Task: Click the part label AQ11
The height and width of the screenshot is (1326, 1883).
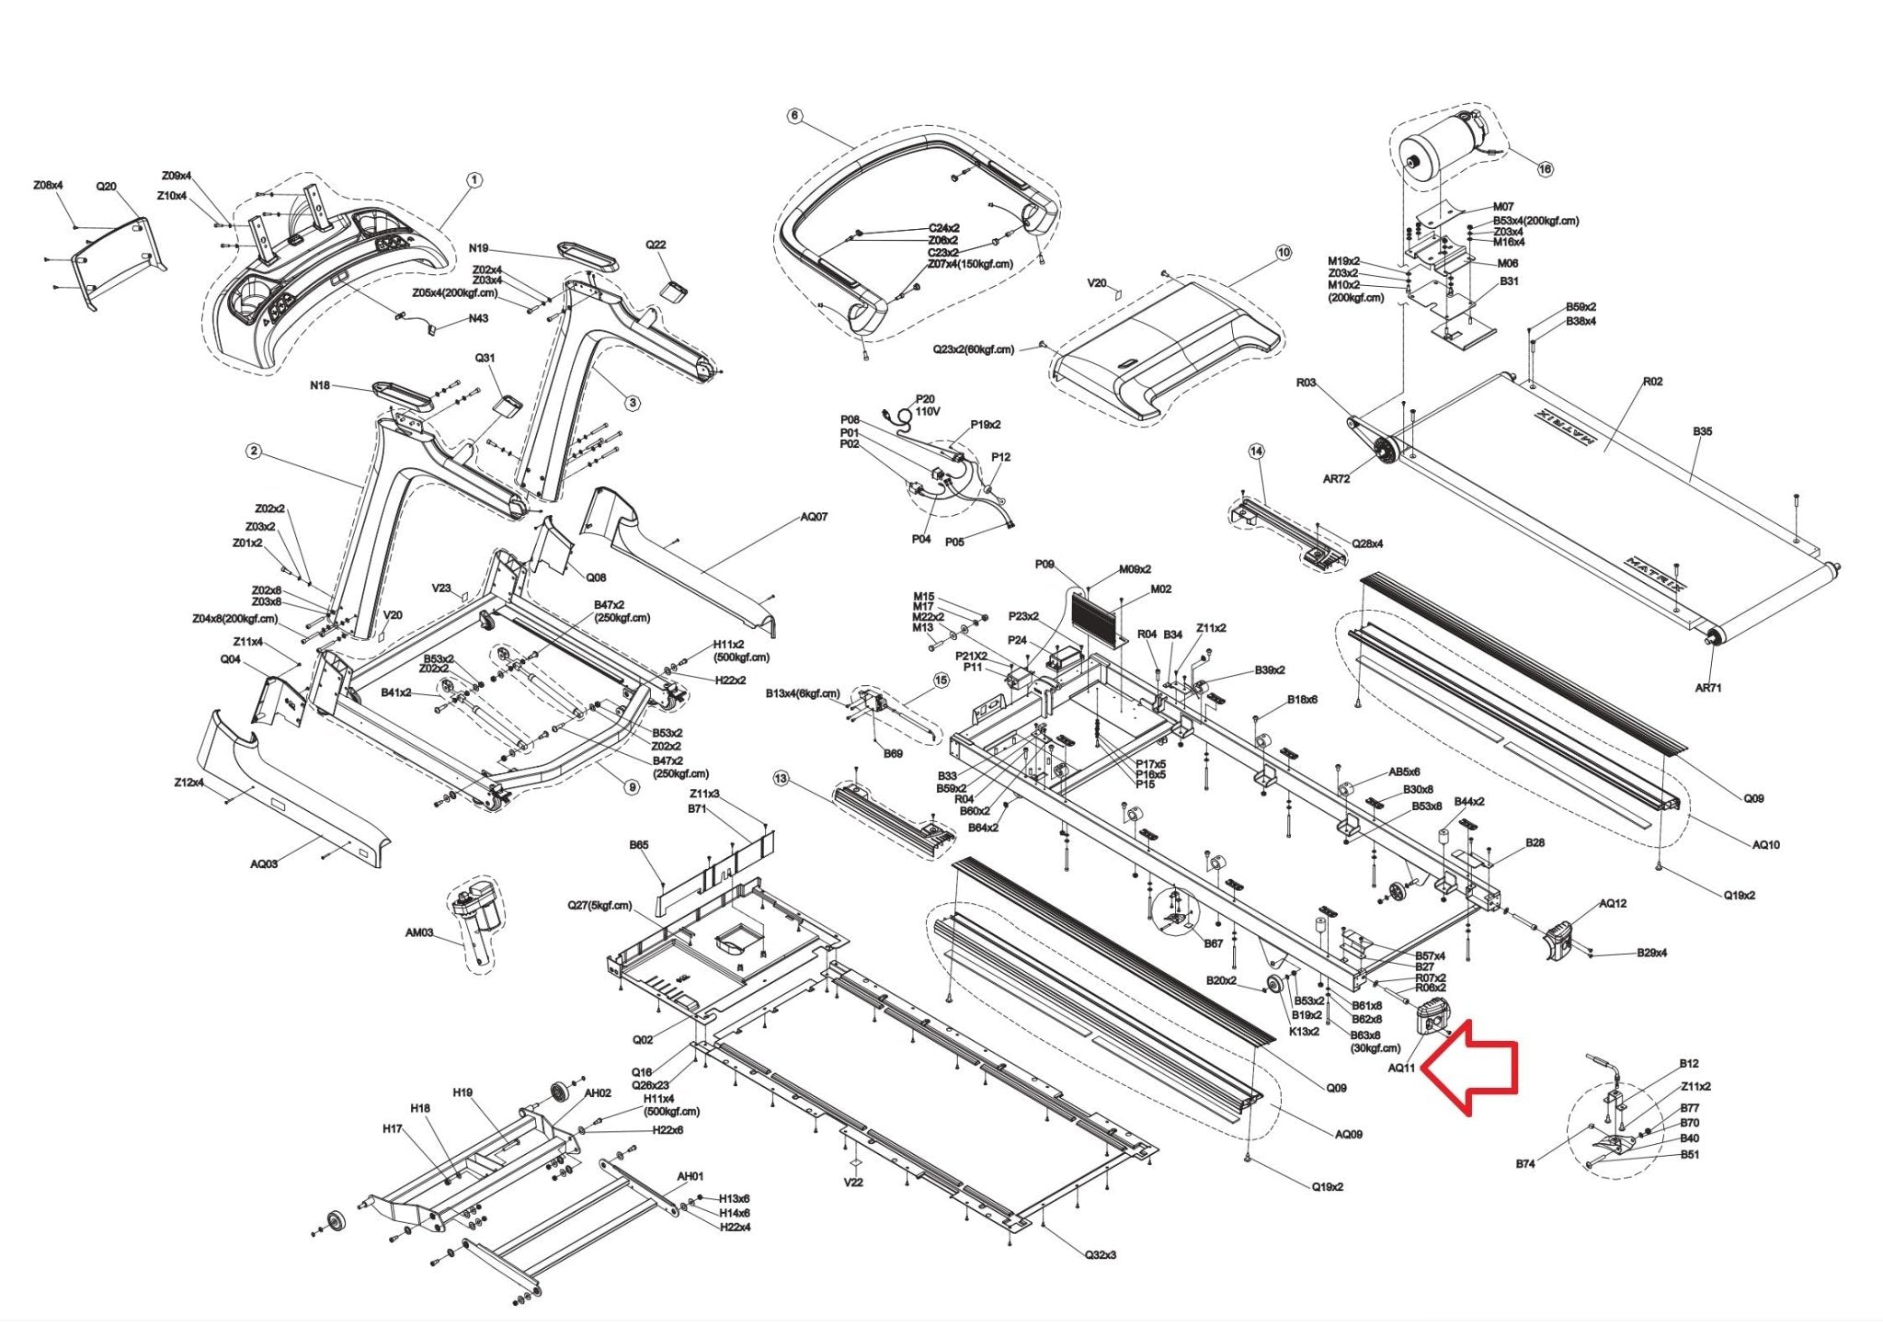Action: tap(1401, 1068)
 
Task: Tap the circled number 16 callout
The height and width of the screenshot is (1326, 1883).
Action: tap(1545, 168)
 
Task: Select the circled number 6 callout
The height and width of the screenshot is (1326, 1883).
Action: tap(795, 117)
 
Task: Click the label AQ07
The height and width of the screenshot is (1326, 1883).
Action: tap(814, 517)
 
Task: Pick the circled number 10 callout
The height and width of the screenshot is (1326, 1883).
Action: tap(1283, 252)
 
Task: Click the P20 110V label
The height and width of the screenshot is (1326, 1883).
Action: tap(926, 406)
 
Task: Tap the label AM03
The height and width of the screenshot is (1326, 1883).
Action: tap(419, 932)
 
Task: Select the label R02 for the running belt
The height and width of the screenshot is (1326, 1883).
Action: tap(1652, 382)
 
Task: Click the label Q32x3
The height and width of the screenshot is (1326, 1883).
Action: tap(1100, 1254)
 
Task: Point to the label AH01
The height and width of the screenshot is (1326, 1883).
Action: tap(690, 1176)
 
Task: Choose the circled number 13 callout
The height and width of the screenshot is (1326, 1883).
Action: tap(781, 779)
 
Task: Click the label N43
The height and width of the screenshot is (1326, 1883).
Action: tap(478, 319)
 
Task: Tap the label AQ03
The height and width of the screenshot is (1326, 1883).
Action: tap(264, 864)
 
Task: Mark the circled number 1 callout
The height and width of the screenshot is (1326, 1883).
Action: tap(474, 180)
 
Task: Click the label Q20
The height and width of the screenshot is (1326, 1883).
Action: tap(107, 186)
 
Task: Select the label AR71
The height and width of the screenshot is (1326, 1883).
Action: tap(1707, 688)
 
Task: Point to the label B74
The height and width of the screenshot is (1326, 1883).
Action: tap(1525, 1164)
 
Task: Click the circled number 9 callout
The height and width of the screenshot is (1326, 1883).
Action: tap(631, 787)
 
